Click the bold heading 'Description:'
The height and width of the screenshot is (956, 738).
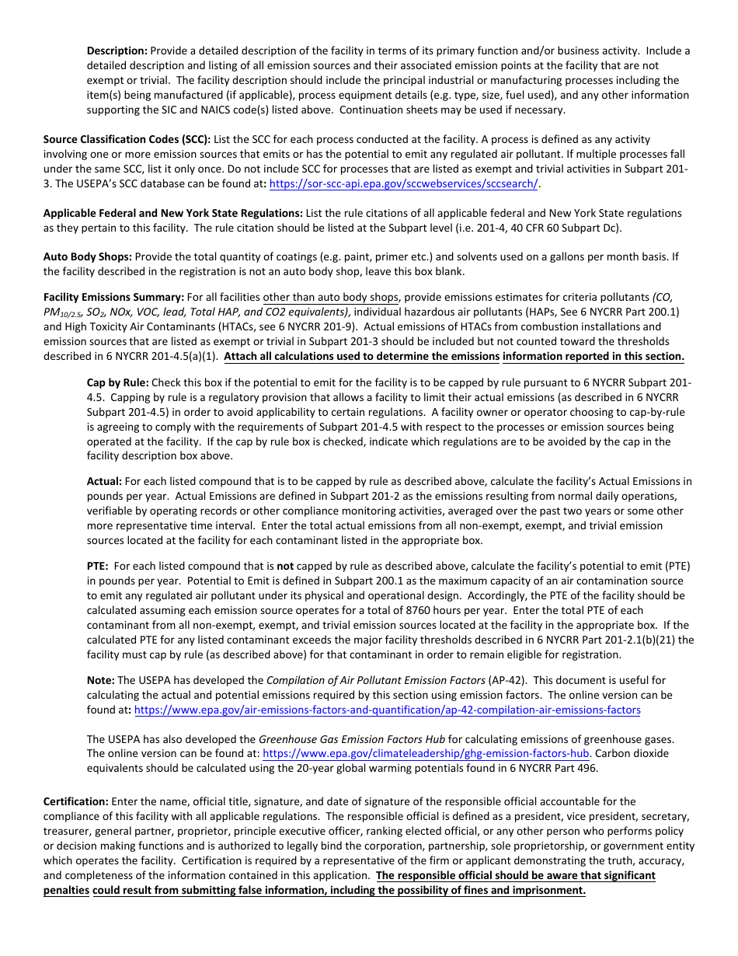(x=117, y=51)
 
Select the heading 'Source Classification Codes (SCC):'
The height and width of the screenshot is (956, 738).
(x=127, y=139)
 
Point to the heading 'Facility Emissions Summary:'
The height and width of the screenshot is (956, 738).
(x=113, y=298)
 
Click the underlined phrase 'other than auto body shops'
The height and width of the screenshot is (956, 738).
(x=330, y=298)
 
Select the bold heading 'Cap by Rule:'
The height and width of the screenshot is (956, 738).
(x=117, y=382)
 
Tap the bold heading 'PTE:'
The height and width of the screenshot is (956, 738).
(x=98, y=567)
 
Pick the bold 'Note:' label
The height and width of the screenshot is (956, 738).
(x=101, y=680)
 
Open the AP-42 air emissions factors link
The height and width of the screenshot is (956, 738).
(x=387, y=710)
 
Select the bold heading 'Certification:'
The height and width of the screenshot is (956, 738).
(x=76, y=801)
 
